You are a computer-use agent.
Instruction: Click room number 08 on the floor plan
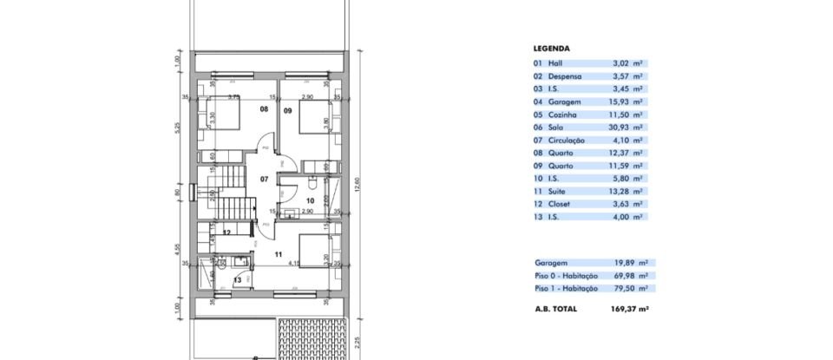click(x=265, y=110)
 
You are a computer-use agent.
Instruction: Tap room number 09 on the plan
click(x=288, y=110)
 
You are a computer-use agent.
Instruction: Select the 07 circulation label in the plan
click(x=265, y=180)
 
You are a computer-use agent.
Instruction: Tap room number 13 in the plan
click(x=237, y=279)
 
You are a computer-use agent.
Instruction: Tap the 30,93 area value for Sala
click(x=620, y=127)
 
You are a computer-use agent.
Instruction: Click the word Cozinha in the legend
click(x=562, y=114)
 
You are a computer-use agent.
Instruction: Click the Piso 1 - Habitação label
click(x=566, y=287)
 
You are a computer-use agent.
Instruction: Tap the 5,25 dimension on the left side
click(x=175, y=128)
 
